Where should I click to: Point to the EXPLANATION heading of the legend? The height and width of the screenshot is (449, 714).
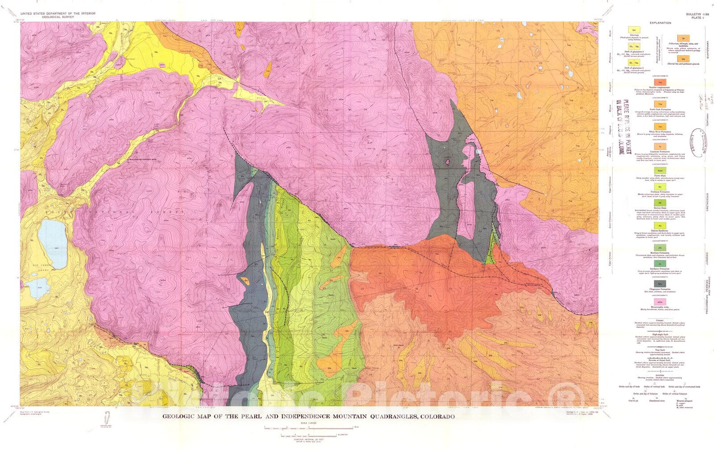[660, 23]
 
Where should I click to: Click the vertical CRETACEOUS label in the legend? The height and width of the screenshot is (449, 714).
[707, 205]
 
